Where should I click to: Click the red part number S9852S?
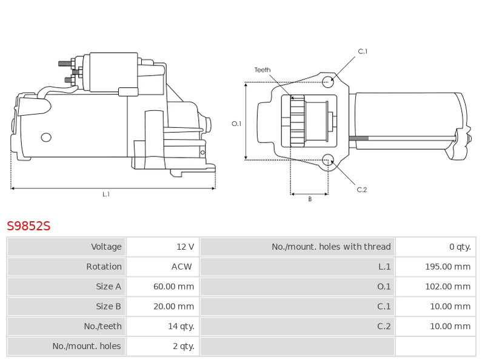(x=28, y=227)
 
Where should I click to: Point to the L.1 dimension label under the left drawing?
(x=106, y=195)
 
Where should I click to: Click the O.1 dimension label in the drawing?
(x=236, y=124)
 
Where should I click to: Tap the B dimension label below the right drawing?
(x=309, y=199)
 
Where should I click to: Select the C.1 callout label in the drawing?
(x=363, y=52)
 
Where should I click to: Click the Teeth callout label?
(x=263, y=70)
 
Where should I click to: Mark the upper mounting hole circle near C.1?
(x=328, y=82)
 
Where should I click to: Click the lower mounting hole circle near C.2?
(x=328, y=160)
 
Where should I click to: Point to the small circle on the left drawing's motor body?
(x=46, y=138)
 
